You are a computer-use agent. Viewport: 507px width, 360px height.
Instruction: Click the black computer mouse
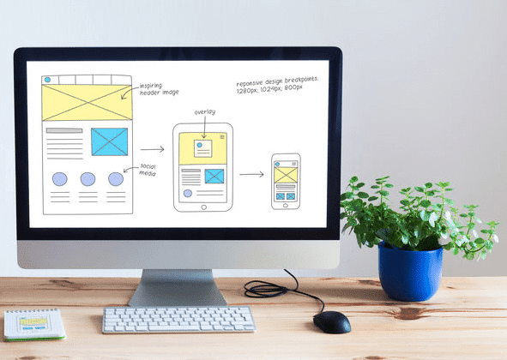pos(332,322)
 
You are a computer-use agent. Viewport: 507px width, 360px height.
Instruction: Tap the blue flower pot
pos(410,272)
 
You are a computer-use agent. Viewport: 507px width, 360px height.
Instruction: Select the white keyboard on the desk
pos(178,319)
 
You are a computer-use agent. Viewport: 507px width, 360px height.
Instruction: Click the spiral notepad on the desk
pos(34,325)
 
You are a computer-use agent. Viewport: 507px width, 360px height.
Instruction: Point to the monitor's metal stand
pos(178,288)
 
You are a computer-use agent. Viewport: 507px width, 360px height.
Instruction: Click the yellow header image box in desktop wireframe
pos(87,103)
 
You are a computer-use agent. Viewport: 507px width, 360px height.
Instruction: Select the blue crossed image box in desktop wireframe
pos(109,142)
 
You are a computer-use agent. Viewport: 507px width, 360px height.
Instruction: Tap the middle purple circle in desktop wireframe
pos(88,179)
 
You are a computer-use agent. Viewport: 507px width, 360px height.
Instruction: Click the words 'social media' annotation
pos(148,170)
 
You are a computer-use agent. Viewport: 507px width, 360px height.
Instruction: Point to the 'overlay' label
pos(205,112)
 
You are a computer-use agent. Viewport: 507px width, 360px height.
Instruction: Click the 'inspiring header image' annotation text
pos(159,89)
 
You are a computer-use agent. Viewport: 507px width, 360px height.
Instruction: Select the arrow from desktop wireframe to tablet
pos(152,149)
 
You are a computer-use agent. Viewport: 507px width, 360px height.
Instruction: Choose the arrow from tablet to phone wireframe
pos(251,175)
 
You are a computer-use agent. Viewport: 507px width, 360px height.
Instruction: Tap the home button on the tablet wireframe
pos(203,207)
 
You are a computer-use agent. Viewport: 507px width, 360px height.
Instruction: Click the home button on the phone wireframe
pos(286,206)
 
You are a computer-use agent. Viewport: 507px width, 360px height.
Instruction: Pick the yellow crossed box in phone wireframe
pos(286,175)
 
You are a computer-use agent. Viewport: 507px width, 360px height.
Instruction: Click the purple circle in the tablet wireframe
pos(188,193)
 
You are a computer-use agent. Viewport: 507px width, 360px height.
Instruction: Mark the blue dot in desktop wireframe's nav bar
pos(47,80)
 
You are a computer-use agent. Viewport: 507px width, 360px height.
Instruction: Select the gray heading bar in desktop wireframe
pos(64,130)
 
